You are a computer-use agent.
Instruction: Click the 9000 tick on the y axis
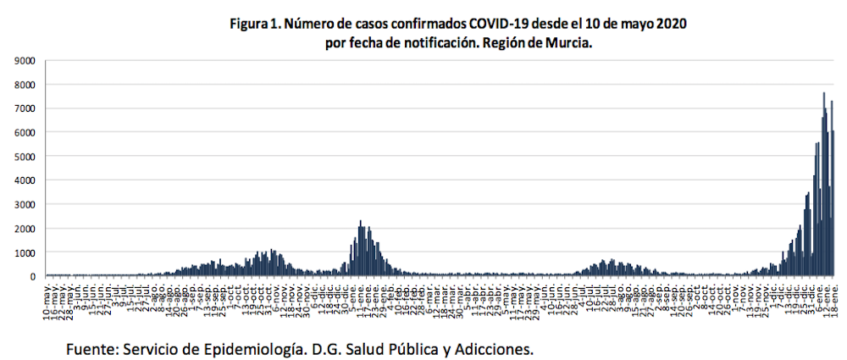pos(23,61)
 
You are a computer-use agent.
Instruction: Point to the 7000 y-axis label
pos(23,109)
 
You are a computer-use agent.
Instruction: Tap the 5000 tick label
pos(23,157)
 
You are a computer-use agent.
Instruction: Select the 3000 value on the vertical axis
pos(23,205)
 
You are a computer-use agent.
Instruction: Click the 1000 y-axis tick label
pos(23,253)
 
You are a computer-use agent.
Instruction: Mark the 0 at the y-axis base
pos(31,277)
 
